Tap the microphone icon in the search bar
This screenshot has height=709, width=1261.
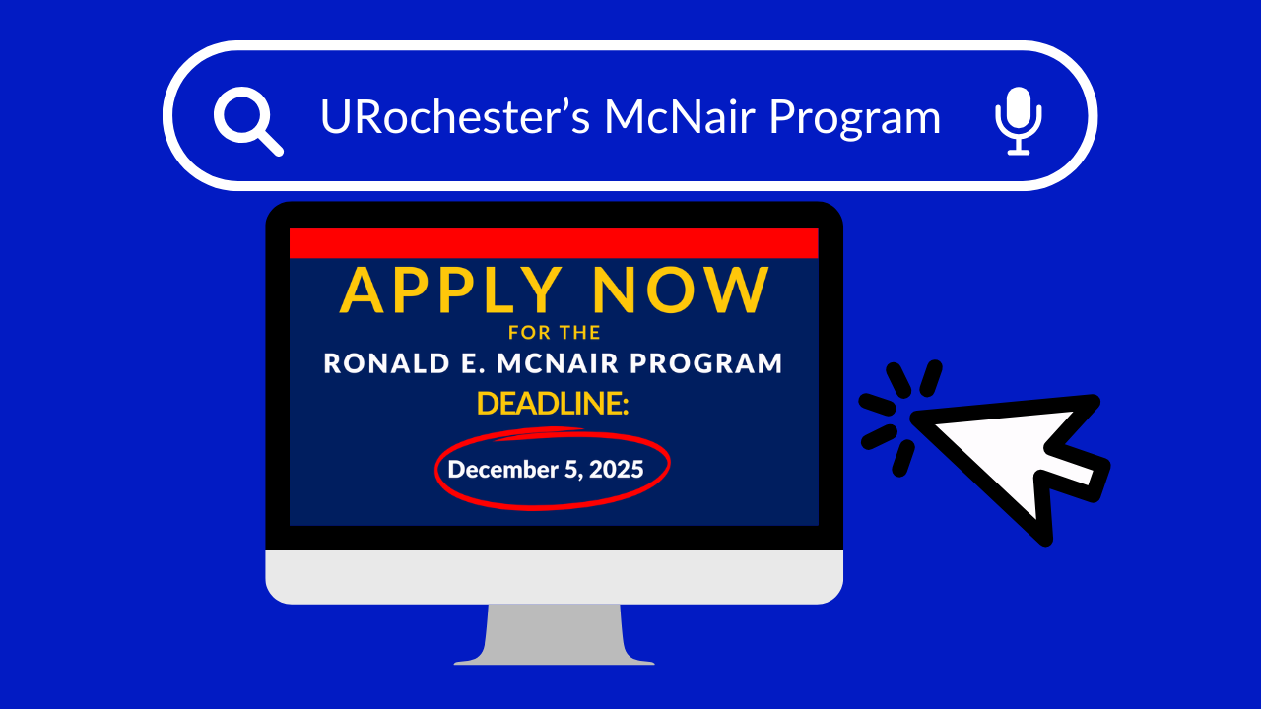click(x=1019, y=120)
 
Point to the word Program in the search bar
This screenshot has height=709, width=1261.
click(x=854, y=119)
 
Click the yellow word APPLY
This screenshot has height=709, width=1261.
click(x=450, y=290)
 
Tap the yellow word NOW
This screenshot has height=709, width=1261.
click(x=681, y=290)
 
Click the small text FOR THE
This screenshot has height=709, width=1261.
click(x=555, y=333)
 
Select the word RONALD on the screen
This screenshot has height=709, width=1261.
click(x=387, y=363)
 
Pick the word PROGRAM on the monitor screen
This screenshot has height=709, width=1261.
click(x=706, y=363)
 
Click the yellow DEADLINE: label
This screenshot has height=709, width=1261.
click(x=553, y=404)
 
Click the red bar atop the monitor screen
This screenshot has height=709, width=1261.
click(x=554, y=243)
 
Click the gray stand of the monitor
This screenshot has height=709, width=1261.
click(x=554, y=634)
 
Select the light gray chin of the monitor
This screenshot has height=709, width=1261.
click(x=554, y=577)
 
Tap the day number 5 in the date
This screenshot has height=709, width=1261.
click(x=571, y=470)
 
